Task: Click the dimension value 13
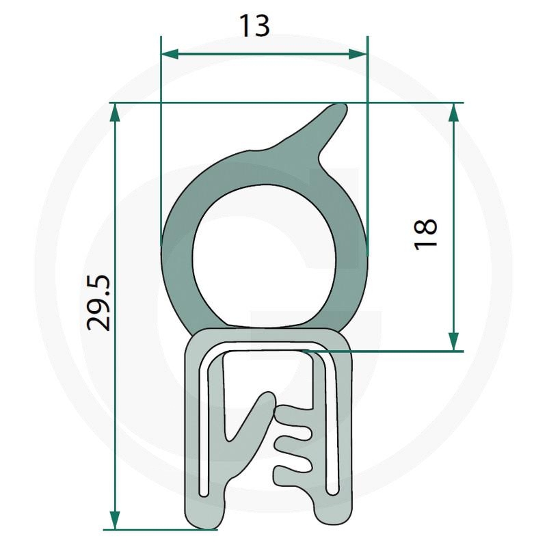[x=254, y=26]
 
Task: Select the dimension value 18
[x=425, y=234]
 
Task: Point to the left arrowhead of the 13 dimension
[x=168, y=54]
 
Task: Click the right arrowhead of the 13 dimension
[x=360, y=54]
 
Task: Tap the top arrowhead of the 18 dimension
[x=453, y=111]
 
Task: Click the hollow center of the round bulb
[x=263, y=263]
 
